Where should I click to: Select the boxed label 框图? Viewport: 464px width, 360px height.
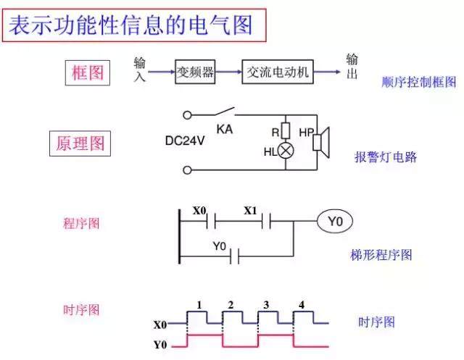[88, 72]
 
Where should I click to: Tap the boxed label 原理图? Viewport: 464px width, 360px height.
[80, 143]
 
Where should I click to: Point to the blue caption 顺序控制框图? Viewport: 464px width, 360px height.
[418, 82]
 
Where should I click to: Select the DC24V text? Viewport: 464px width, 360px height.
[186, 141]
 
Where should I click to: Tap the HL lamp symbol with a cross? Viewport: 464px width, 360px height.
[285, 151]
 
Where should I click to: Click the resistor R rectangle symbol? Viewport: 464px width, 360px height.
[285, 132]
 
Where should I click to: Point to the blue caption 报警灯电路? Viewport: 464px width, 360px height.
[386, 157]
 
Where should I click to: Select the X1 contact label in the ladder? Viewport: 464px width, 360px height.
[250, 211]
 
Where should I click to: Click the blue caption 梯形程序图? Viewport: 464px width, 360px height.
[381, 255]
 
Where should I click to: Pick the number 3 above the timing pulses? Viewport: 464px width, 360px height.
[266, 304]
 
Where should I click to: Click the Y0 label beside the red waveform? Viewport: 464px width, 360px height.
[160, 344]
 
